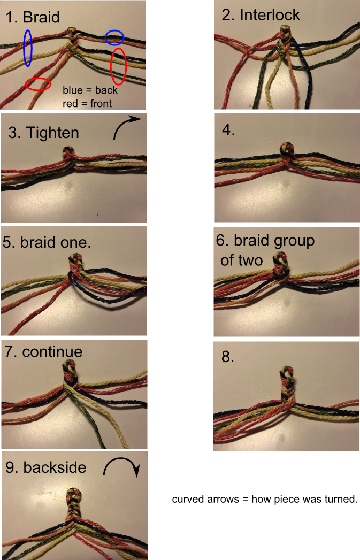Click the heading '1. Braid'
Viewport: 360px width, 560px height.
(x=32, y=17)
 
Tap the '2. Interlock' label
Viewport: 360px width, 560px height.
(x=261, y=14)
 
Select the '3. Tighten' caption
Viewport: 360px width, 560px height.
(x=44, y=132)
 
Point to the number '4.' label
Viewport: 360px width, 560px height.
(x=228, y=130)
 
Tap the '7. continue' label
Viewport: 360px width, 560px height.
(x=43, y=351)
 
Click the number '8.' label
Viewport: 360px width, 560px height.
(x=228, y=357)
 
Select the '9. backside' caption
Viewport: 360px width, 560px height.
(x=45, y=467)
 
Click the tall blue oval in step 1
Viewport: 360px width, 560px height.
(x=28, y=48)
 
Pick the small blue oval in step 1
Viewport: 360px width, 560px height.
(x=114, y=37)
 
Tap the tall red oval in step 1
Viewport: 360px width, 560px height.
(x=118, y=66)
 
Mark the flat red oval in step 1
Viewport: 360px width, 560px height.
(x=38, y=84)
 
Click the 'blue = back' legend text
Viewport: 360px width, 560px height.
(x=90, y=90)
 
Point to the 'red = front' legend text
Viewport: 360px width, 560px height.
(x=87, y=103)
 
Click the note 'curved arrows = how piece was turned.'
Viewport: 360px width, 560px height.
(x=264, y=500)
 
